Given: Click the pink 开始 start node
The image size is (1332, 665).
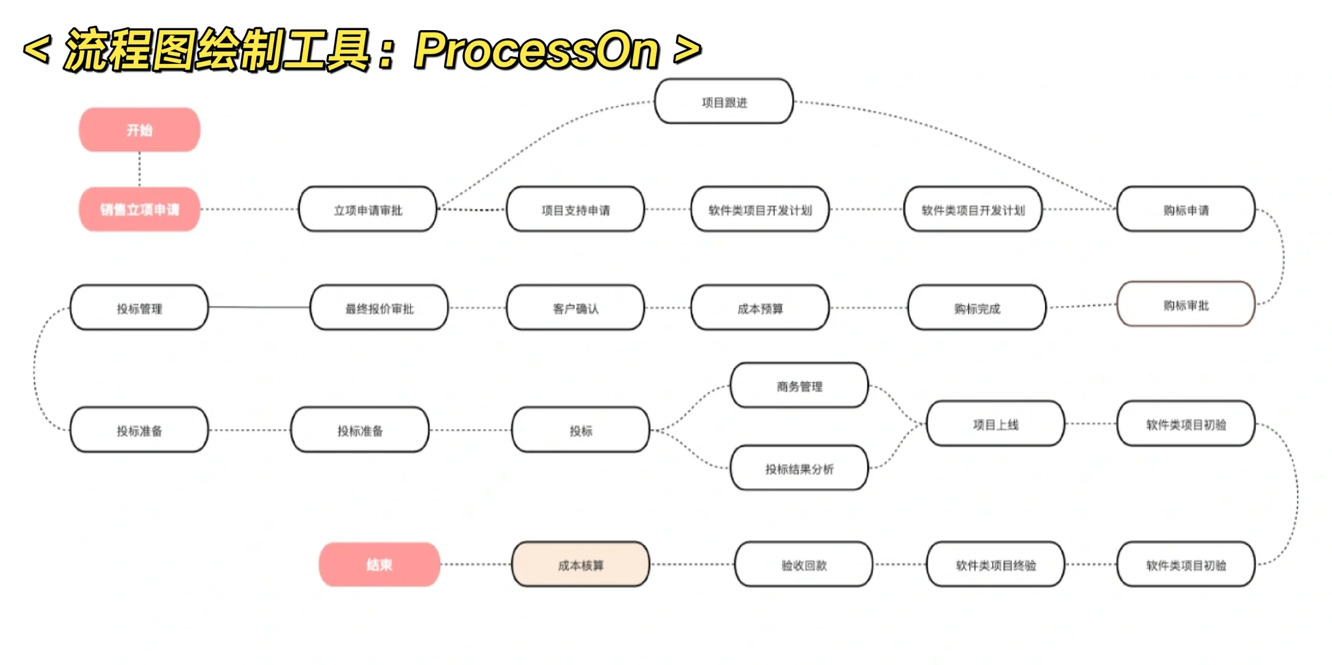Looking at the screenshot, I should coord(139,130).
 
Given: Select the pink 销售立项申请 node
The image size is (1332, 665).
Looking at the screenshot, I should coord(139,209).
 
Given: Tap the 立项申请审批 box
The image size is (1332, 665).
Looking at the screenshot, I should coord(368,210).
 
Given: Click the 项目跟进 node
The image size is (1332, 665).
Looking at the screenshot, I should coord(724,102).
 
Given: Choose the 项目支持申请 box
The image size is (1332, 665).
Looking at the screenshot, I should coord(575,210).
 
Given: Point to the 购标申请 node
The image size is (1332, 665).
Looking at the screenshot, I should coord(1185,210).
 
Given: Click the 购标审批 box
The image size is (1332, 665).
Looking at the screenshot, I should coord(1185,305).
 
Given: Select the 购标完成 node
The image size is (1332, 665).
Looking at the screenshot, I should coord(977,308).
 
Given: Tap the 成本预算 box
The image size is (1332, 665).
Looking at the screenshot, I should coord(760,308).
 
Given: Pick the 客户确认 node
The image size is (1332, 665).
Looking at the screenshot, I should coord(575,308).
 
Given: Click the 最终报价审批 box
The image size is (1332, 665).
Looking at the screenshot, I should coord(379,308).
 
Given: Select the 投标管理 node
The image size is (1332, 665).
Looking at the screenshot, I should coord(139,308).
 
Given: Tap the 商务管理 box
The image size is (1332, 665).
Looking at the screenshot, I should coord(799,386).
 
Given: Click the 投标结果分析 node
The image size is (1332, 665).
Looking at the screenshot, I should coord(799,469).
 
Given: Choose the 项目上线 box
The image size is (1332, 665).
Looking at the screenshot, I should coord(995,424).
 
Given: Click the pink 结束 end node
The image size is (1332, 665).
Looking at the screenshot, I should coord(379,565).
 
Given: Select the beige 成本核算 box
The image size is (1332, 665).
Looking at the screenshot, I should coord(580,565).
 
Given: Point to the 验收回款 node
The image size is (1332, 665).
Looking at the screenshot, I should coord(804,565).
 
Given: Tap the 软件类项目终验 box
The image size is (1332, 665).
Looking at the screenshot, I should coord(995,565).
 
